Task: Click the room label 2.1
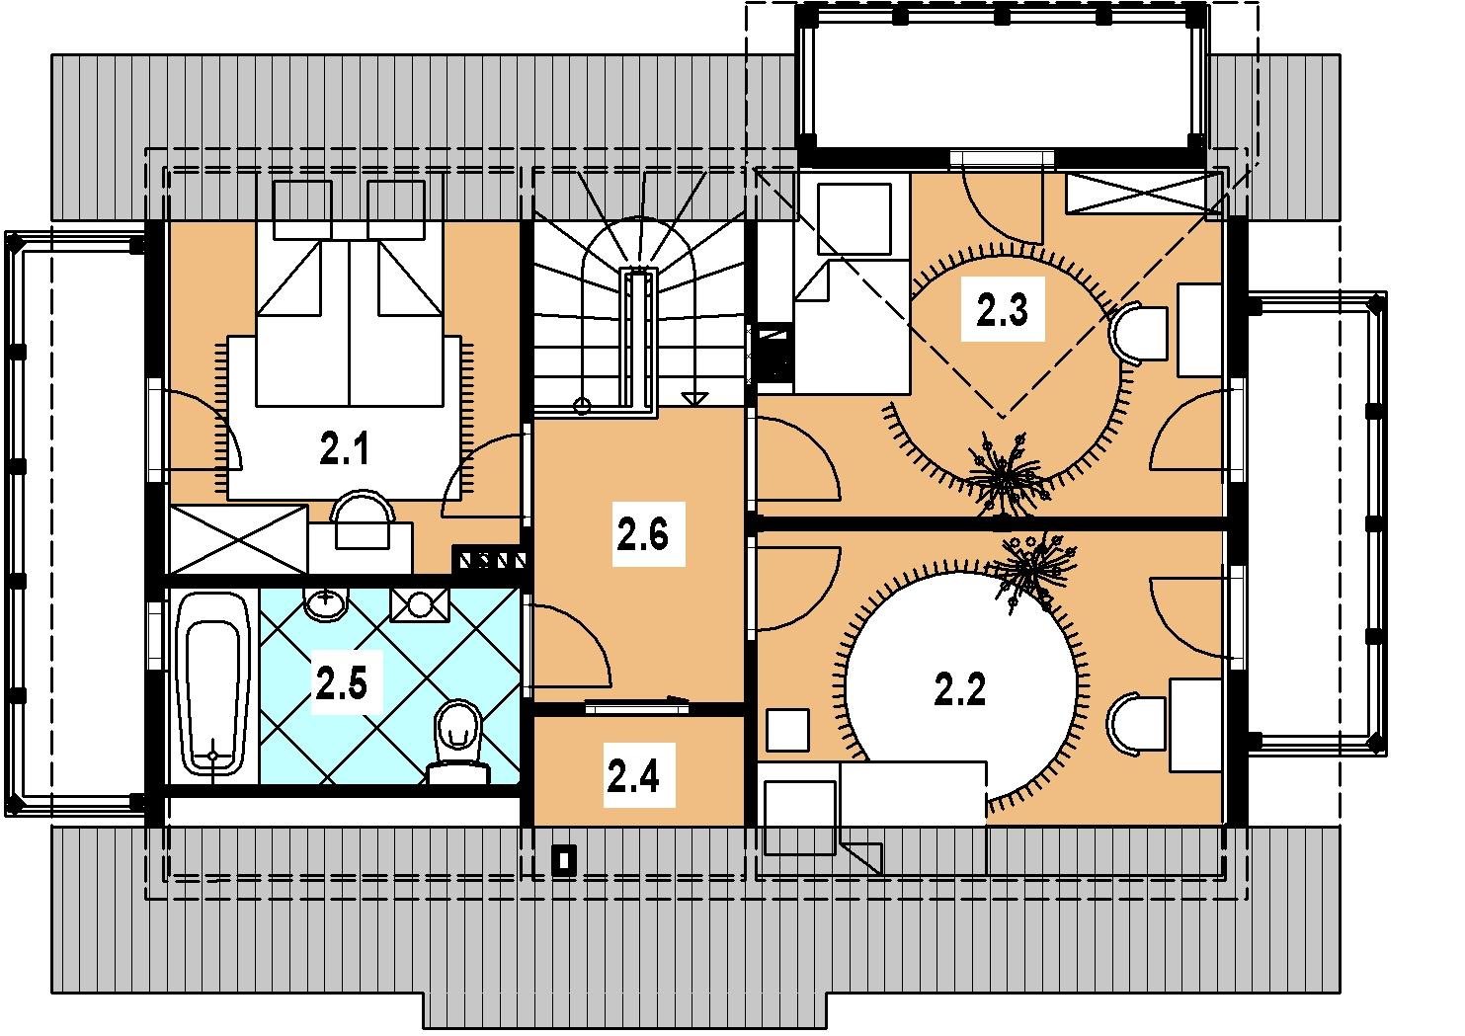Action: tap(344, 449)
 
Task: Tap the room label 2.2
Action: tap(959, 689)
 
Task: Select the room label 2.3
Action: tap(1002, 309)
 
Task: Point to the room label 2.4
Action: tap(633, 777)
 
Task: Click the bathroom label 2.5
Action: tap(342, 682)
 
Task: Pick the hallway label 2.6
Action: tap(642, 534)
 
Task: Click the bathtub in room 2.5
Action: tap(213, 685)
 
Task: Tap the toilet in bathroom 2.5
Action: tap(459, 741)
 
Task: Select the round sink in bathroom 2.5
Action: tap(326, 602)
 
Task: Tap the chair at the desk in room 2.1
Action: tap(363, 518)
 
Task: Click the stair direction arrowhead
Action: tap(694, 398)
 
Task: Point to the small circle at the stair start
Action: tap(582, 407)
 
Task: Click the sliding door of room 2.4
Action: tap(637, 705)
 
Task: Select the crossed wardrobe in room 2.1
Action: tap(238, 539)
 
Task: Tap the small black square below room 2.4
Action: tap(564, 860)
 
